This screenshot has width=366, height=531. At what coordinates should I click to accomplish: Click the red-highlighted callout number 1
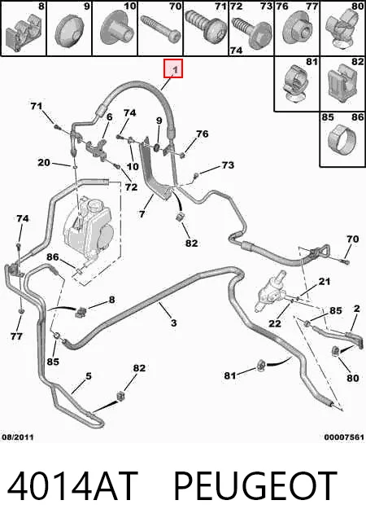click(173, 68)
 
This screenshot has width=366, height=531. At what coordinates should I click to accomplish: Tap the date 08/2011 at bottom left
click(18, 437)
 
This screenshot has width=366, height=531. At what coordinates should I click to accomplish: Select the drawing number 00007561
click(344, 437)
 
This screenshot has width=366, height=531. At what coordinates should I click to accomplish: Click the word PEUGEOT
click(255, 486)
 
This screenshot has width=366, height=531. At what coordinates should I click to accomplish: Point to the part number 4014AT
click(72, 486)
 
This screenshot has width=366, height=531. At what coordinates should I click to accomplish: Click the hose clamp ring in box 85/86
click(342, 138)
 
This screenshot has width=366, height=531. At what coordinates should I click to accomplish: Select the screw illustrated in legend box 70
click(161, 29)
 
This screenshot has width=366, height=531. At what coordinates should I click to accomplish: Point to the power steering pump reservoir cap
click(93, 205)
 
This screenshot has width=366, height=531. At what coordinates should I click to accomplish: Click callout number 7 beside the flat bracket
click(142, 213)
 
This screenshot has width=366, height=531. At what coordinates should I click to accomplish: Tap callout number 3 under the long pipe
click(173, 323)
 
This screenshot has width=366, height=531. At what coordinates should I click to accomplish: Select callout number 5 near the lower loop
click(89, 376)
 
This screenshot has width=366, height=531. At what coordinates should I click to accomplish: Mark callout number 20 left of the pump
click(44, 163)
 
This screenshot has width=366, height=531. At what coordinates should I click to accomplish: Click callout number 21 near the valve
click(324, 281)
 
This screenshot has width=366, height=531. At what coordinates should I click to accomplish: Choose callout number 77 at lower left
click(16, 336)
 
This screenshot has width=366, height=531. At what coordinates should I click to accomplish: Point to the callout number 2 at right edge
click(356, 308)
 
